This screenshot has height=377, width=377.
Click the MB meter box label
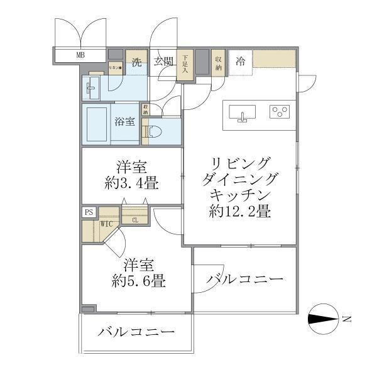80,55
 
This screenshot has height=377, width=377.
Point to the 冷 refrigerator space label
240,61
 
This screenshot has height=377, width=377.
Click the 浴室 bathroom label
124,122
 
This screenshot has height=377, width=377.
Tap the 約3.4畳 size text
131,184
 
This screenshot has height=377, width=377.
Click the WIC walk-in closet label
106,223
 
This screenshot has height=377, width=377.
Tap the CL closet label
134,219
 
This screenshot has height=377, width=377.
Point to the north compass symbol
326,319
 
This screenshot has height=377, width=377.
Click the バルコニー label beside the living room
244,279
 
